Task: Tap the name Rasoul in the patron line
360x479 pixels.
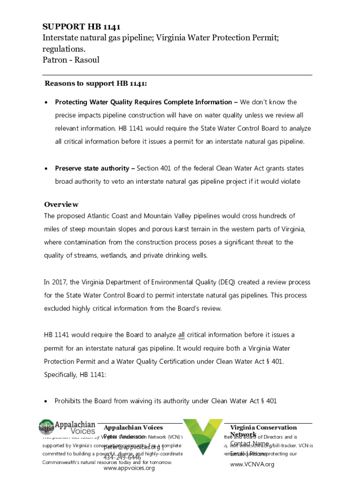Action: [86, 60]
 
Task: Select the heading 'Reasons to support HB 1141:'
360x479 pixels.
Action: [96, 84]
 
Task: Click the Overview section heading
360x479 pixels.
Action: [61, 204]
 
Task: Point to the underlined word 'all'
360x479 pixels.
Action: [182, 335]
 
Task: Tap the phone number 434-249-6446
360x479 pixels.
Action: [122, 457]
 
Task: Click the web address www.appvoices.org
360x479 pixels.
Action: [129, 468]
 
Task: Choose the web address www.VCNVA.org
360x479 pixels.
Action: [252, 464]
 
